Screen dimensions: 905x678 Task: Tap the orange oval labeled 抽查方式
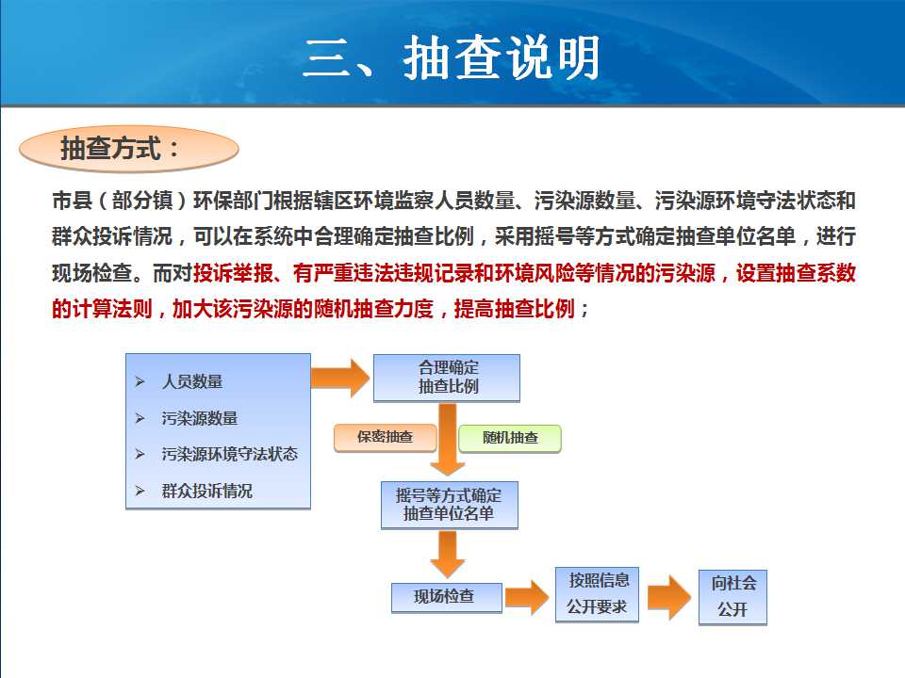[x=129, y=149]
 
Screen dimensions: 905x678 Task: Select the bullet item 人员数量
[x=192, y=381]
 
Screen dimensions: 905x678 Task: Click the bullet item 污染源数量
[x=200, y=418]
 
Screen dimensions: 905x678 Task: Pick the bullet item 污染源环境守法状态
[x=230, y=454]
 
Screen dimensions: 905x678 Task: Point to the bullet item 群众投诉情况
[x=207, y=491]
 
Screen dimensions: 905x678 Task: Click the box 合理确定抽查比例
[x=447, y=378]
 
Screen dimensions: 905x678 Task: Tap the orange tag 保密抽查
[x=385, y=438]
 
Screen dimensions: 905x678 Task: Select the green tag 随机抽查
[x=510, y=438]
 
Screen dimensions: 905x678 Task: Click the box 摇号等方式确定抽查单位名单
[x=449, y=505]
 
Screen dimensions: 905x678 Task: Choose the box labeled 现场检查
[x=446, y=597]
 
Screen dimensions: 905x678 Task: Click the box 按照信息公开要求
[x=597, y=594]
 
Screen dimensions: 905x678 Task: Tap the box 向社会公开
[x=732, y=597]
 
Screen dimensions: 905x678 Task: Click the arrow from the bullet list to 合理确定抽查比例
[x=340, y=379]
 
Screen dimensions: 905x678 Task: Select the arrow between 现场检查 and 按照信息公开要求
[x=527, y=597]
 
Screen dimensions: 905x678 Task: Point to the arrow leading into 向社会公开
[x=669, y=597]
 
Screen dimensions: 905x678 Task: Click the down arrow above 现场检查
[x=447, y=555]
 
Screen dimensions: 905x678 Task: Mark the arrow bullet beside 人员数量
[x=140, y=381]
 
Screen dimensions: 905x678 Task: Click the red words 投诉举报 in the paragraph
[x=233, y=273]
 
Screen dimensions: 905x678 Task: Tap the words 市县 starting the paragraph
[x=73, y=201]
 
